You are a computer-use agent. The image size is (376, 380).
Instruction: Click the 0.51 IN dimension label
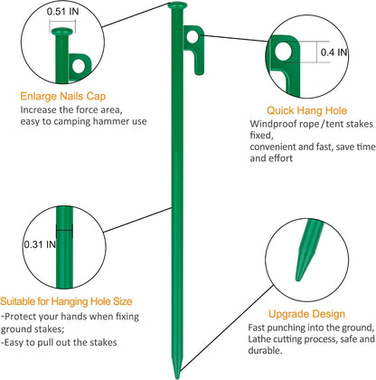point(62,12)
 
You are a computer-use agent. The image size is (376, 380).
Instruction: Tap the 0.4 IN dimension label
point(334,52)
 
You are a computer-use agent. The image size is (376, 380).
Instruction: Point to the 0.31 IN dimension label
point(40,244)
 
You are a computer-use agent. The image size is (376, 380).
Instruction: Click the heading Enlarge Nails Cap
point(63,96)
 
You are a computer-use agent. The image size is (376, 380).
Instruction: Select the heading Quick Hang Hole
point(306,110)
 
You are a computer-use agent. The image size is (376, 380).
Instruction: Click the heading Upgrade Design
point(306,314)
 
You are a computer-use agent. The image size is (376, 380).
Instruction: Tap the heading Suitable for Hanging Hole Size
point(66,301)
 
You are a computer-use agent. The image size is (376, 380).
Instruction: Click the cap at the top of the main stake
point(177,5)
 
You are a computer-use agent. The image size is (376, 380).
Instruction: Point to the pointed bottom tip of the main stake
point(177,375)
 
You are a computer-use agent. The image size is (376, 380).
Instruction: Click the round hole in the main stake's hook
point(193,37)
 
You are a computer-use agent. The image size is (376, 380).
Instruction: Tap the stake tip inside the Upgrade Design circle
point(307,251)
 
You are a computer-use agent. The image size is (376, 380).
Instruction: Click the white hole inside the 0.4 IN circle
point(284,52)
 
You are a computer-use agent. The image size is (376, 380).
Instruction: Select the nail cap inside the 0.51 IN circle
point(62,32)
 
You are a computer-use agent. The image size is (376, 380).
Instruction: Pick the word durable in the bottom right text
point(265,350)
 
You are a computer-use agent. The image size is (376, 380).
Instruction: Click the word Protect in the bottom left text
point(23,317)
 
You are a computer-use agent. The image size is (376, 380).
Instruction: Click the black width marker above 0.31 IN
point(64,231)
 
